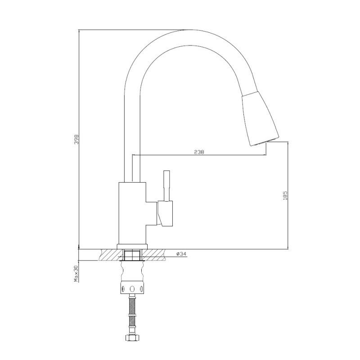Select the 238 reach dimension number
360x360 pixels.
tap(199, 152)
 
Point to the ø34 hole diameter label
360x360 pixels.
tap(182, 254)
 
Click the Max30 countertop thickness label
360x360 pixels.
tap(77, 274)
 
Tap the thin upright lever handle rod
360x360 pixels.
tap(166, 185)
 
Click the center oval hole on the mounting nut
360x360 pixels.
tap(132, 288)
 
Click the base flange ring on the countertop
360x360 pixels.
tap(132, 246)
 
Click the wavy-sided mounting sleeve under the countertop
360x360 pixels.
tap(132, 272)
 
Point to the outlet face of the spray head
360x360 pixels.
tap(265, 142)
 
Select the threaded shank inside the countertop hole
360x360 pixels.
tap(132, 255)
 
